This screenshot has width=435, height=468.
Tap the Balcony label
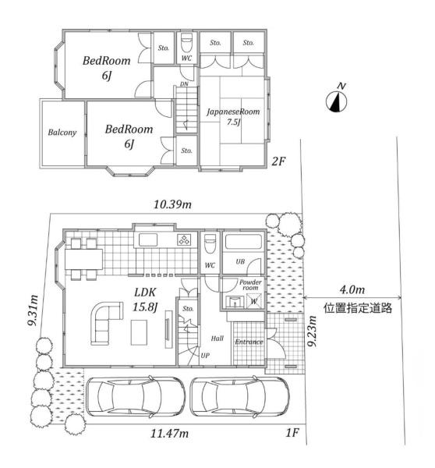tap(62, 133)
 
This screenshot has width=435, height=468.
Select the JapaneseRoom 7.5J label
tap(233, 116)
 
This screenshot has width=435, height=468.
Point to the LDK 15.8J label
tap(145, 299)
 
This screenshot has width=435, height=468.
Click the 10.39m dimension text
tap(172, 204)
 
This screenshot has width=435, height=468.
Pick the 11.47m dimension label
tap(169, 433)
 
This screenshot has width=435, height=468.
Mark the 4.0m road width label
tap(352, 289)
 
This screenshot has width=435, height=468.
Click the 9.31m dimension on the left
tap(33, 310)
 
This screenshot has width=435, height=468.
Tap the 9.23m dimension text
tap(312, 331)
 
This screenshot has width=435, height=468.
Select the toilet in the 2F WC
tap(187, 42)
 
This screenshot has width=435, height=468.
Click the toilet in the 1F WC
tap(210, 243)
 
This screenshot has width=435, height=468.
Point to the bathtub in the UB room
tap(243, 242)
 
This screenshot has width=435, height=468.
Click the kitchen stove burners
tap(184, 239)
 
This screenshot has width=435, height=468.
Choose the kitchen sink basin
tap(148, 240)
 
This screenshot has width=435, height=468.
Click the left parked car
tap(135, 396)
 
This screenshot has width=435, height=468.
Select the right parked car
tap(239, 396)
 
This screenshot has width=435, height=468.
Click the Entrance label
tap(249, 342)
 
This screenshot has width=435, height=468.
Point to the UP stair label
tap(205, 355)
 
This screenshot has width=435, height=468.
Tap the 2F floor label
tap(278, 161)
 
